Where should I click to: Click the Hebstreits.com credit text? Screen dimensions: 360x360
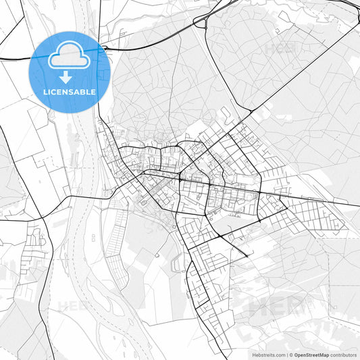point(267,354)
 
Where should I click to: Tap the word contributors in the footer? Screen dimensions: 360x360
point(344,354)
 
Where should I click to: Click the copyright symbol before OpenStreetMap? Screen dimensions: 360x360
point(290,354)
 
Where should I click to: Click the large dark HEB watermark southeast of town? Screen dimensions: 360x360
point(274,307)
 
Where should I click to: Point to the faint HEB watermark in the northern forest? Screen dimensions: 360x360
point(278,49)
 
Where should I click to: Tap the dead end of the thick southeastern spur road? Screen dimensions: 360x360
point(248,257)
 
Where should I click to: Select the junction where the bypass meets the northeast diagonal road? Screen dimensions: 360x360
point(251,111)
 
